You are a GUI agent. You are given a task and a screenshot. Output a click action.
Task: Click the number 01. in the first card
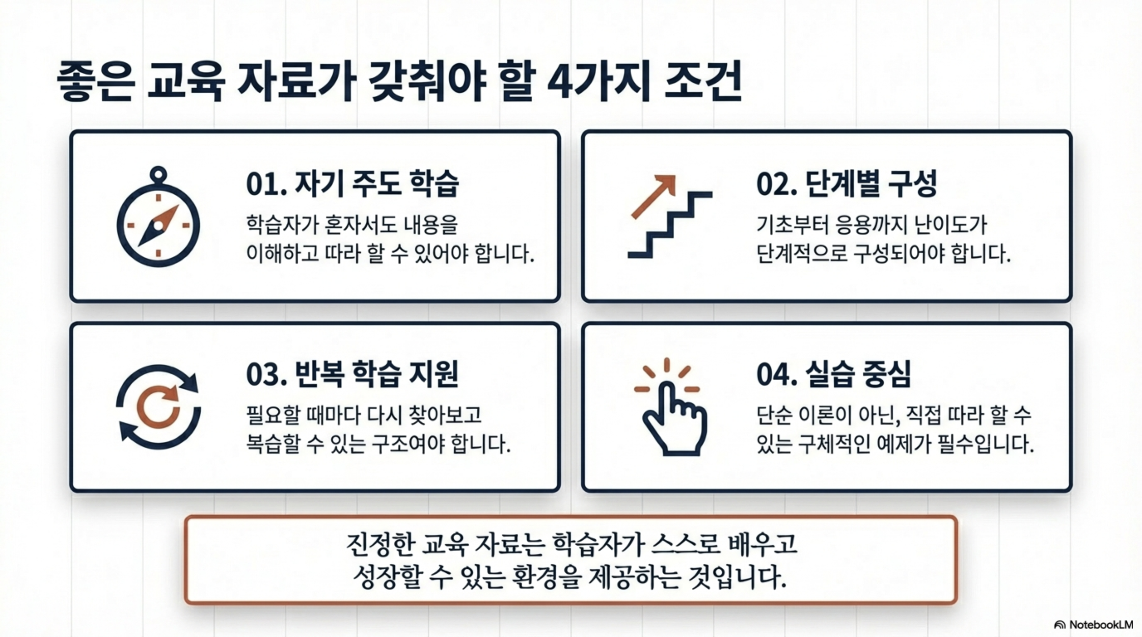coord(266,185)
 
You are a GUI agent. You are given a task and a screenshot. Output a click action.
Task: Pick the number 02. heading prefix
coord(777,185)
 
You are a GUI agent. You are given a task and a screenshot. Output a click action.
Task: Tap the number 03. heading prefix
coord(266,375)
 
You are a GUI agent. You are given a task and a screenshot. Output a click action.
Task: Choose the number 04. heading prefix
coord(777,375)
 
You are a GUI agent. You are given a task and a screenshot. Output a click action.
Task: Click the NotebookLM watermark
coord(1093,625)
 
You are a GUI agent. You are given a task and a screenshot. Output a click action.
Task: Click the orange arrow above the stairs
coord(654,196)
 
